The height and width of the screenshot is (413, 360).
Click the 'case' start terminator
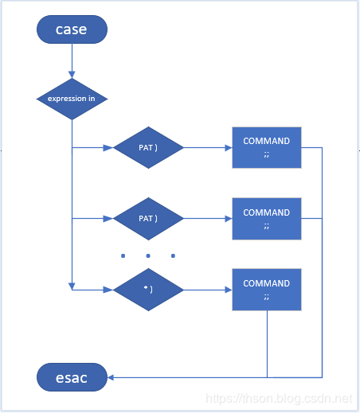pyautogui.click(x=72, y=29)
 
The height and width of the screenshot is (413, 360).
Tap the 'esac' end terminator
pyautogui.click(x=72, y=377)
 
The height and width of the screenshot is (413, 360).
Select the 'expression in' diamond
pyautogui.click(x=72, y=99)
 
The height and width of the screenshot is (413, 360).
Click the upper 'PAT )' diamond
pyautogui.click(x=148, y=147)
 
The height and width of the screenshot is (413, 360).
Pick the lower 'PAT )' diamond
pyautogui.click(x=148, y=219)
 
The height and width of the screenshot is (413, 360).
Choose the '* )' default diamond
pyautogui.click(x=148, y=290)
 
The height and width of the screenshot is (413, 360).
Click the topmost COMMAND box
pyautogui.click(x=267, y=147)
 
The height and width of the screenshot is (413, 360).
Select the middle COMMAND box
pyautogui.click(x=267, y=219)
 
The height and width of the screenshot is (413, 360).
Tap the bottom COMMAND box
pyautogui.click(x=267, y=290)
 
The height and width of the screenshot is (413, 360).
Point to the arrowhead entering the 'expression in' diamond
pyautogui.click(x=72, y=75)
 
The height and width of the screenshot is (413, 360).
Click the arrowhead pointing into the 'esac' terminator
pyautogui.click(x=111, y=377)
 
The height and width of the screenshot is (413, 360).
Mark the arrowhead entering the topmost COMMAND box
pyautogui.click(x=229, y=148)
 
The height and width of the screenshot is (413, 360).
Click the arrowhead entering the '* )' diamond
pyautogui.click(x=108, y=290)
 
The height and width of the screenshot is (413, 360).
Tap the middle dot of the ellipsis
pyautogui.click(x=148, y=255)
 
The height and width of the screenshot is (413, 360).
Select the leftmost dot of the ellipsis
pyautogui.click(x=123, y=255)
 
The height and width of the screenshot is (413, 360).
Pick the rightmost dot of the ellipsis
pyautogui.click(x=173, y=255)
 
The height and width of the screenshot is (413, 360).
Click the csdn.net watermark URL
pyautogui.click(x=279, y=399)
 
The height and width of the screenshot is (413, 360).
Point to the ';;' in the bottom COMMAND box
pyautogui.click(x=267, y=297)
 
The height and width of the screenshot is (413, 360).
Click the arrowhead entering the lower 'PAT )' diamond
pyautogui.click(x=108, y=219)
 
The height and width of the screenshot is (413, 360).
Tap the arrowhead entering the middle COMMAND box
pyautogui.click(x=229, y=219)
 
